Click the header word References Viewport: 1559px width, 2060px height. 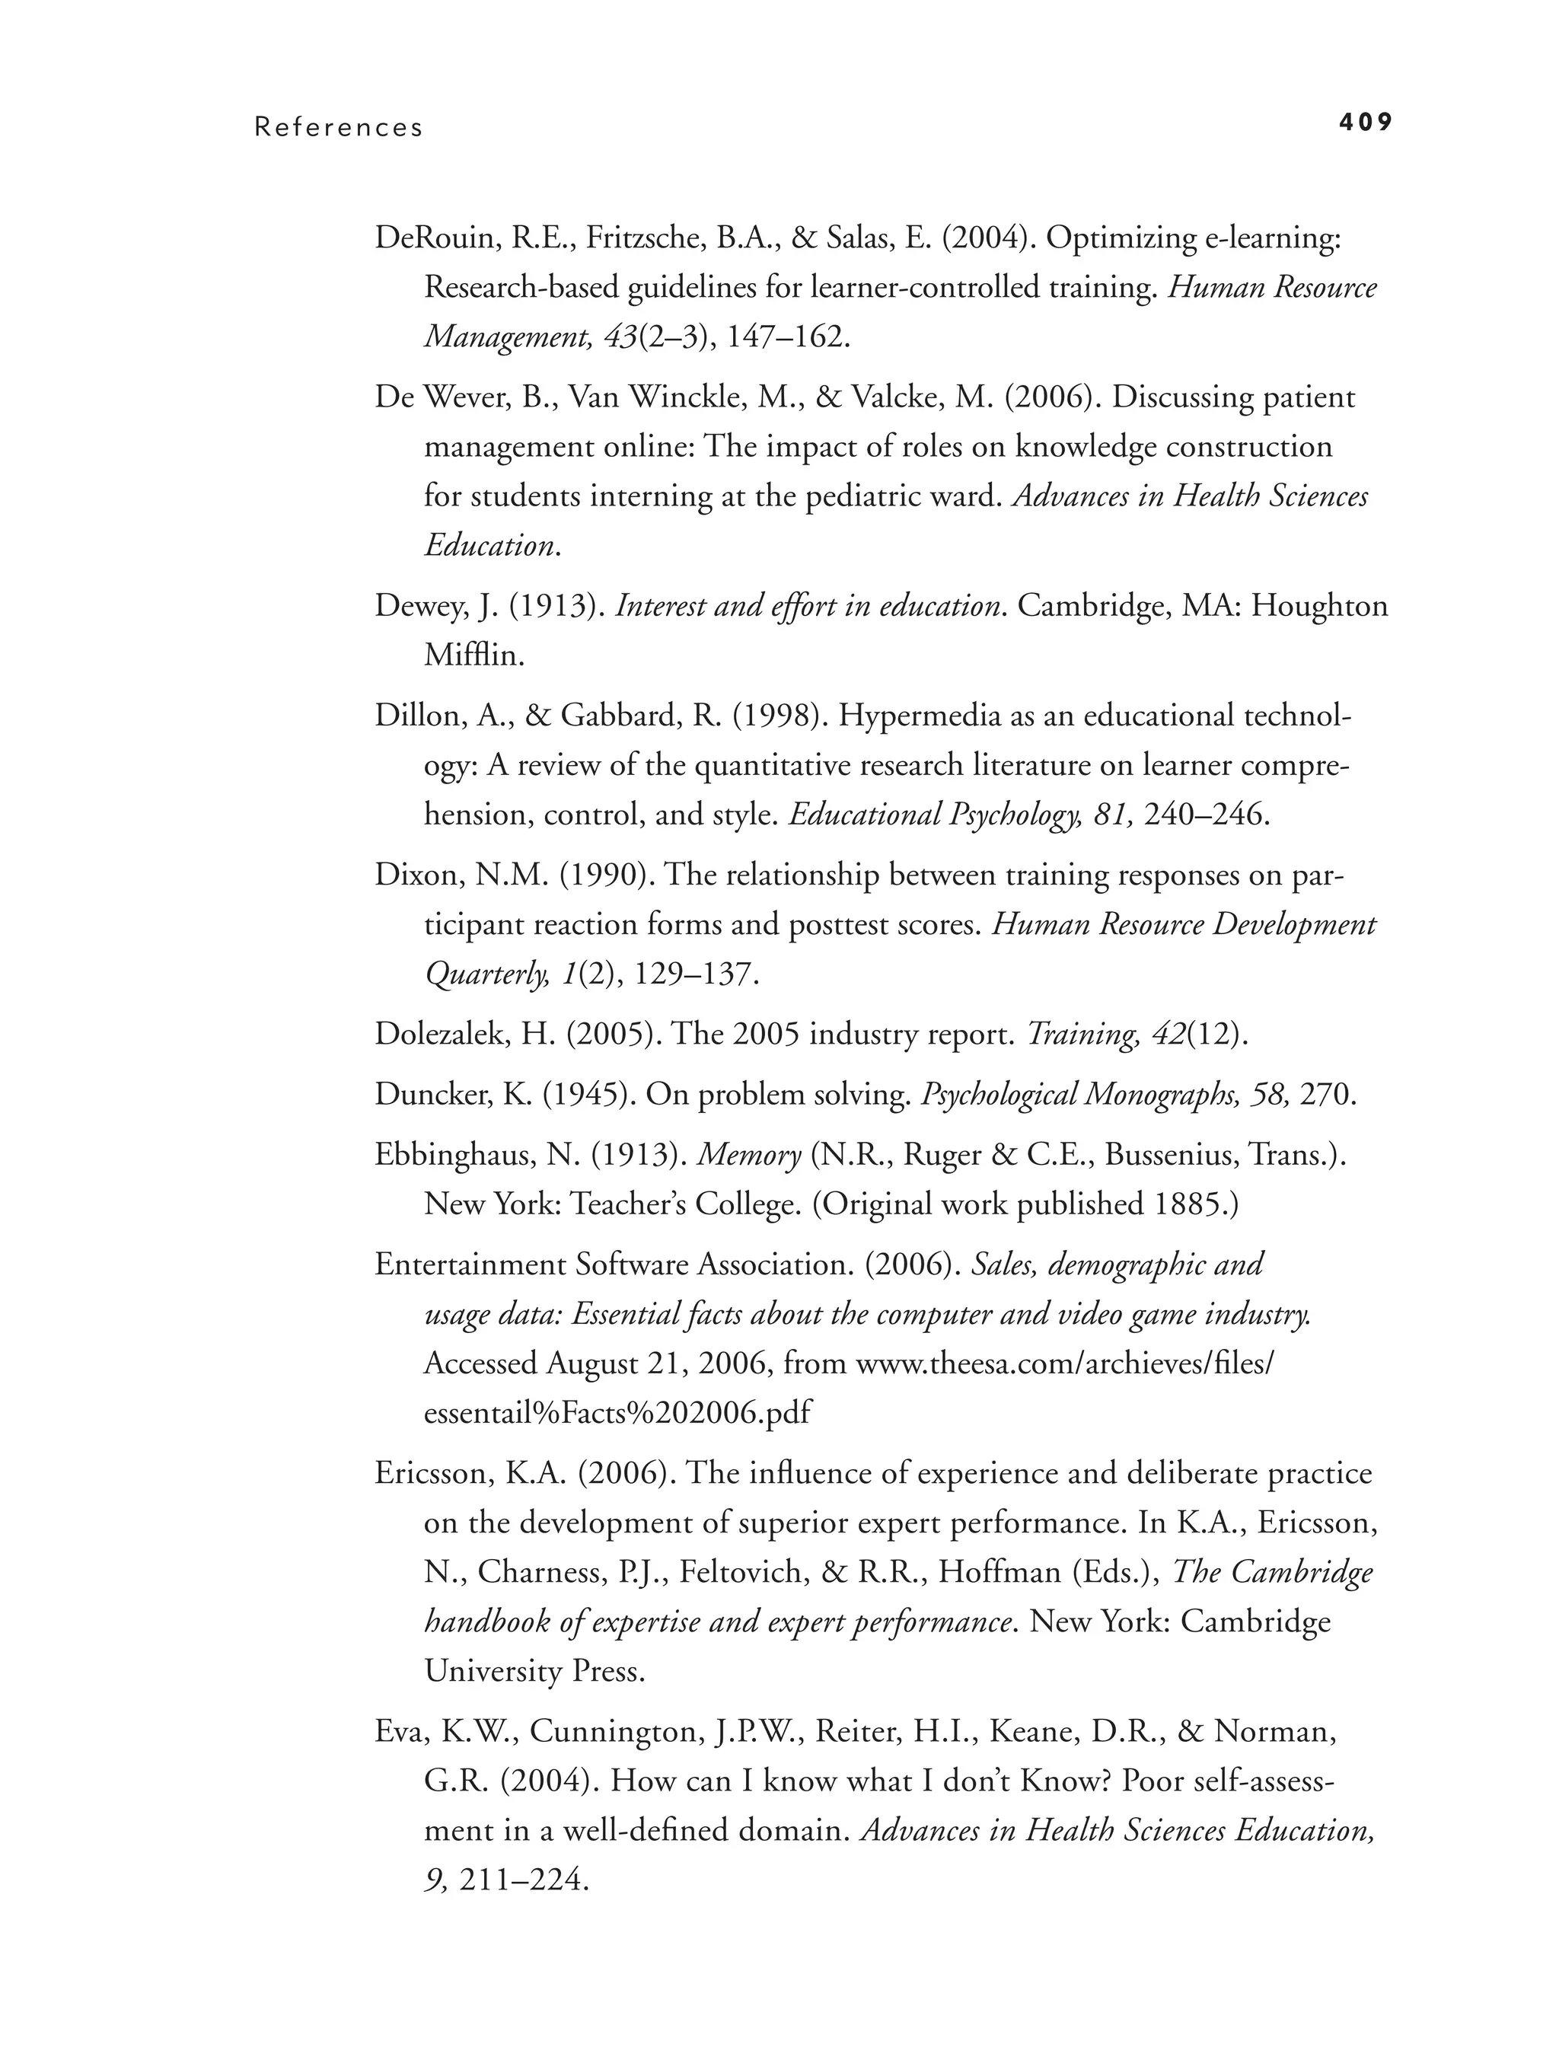pos(339,128)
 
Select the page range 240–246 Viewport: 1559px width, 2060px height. pos(1205,815)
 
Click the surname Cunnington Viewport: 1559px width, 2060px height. pos(614,1732)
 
